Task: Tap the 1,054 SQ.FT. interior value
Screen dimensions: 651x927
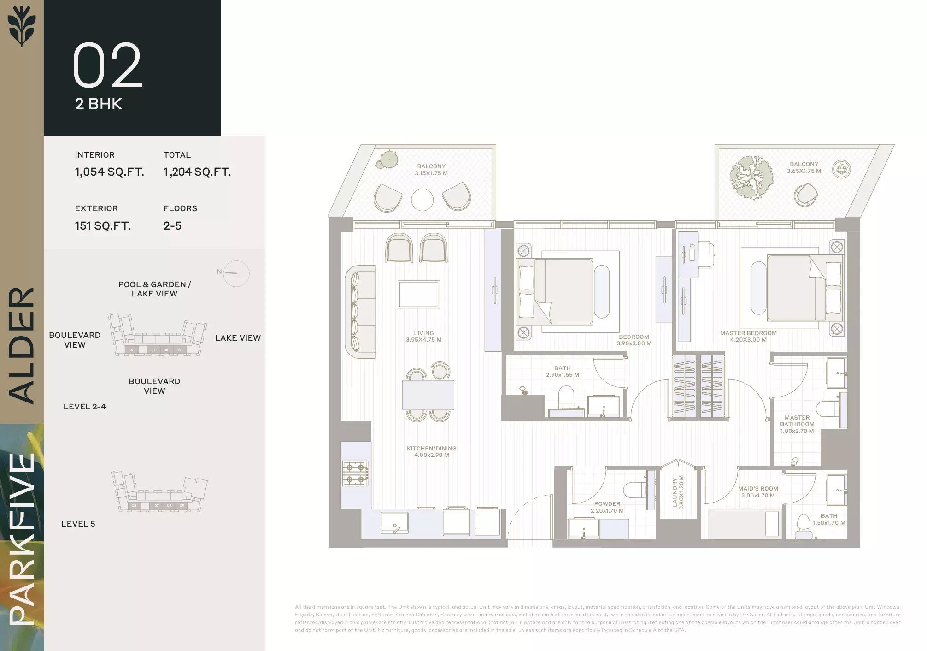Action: coord(109,172)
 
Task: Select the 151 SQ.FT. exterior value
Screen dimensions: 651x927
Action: coord(103,226)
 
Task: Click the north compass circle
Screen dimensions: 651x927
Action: coord(236,273)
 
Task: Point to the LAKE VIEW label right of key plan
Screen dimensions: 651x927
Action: coord(238,338)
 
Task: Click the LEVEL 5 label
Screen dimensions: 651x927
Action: coord(78,524)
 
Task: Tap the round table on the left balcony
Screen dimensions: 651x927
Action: coord(422,200)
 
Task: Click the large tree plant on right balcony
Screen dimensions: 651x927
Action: coord(751,177)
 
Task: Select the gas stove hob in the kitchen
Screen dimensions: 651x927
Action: coord(355,473)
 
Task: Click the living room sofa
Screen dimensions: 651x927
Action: coord(360,312)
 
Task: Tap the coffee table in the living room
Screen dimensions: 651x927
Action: coord(419,295)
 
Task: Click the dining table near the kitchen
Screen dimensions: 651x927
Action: coord(428,395)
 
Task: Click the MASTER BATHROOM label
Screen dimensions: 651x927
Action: coord(797,424)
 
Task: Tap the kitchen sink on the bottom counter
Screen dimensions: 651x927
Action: coord(395,523)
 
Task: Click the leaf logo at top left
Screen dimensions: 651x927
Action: coord(22,27)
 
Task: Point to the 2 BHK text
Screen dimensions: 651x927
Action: coord(99,104)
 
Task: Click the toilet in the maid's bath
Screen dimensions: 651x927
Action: coord(804,526)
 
